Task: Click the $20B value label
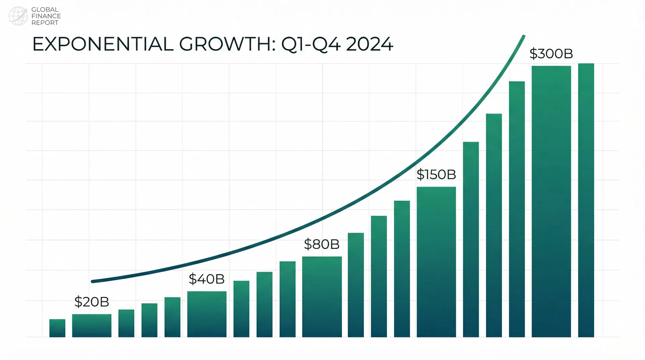pyautogui.click(x=92, y=302)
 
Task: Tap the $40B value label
pyautogui.click(x=207, y=279)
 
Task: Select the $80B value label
pyautogui.click(x=321, y=244)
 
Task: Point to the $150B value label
pyautogui.click(x=436, y=175)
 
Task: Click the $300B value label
pyautogui.click(x=551, y=54)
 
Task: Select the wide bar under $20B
pyautogui.click(x=92, y=325)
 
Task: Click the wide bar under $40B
pyautogui.click(x=207, y=314)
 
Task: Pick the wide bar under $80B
pyautogui.click(x=322, y=297)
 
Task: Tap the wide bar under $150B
pyautogui.click(x=436, y=262)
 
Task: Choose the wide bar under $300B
pyautogui.click(x=551, y=201)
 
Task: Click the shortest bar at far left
pyautogui.click(x=57, y=328)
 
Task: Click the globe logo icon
pyautogui.click(x=18, y=16)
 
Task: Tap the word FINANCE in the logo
pyautogui.click(x=46, y=16)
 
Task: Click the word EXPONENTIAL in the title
pyautogui.click(x=102, y=44)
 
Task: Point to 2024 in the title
pyautogui.click(x=369, y=44)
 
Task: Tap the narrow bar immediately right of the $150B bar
pyautogui.click(x=471, y=239)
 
